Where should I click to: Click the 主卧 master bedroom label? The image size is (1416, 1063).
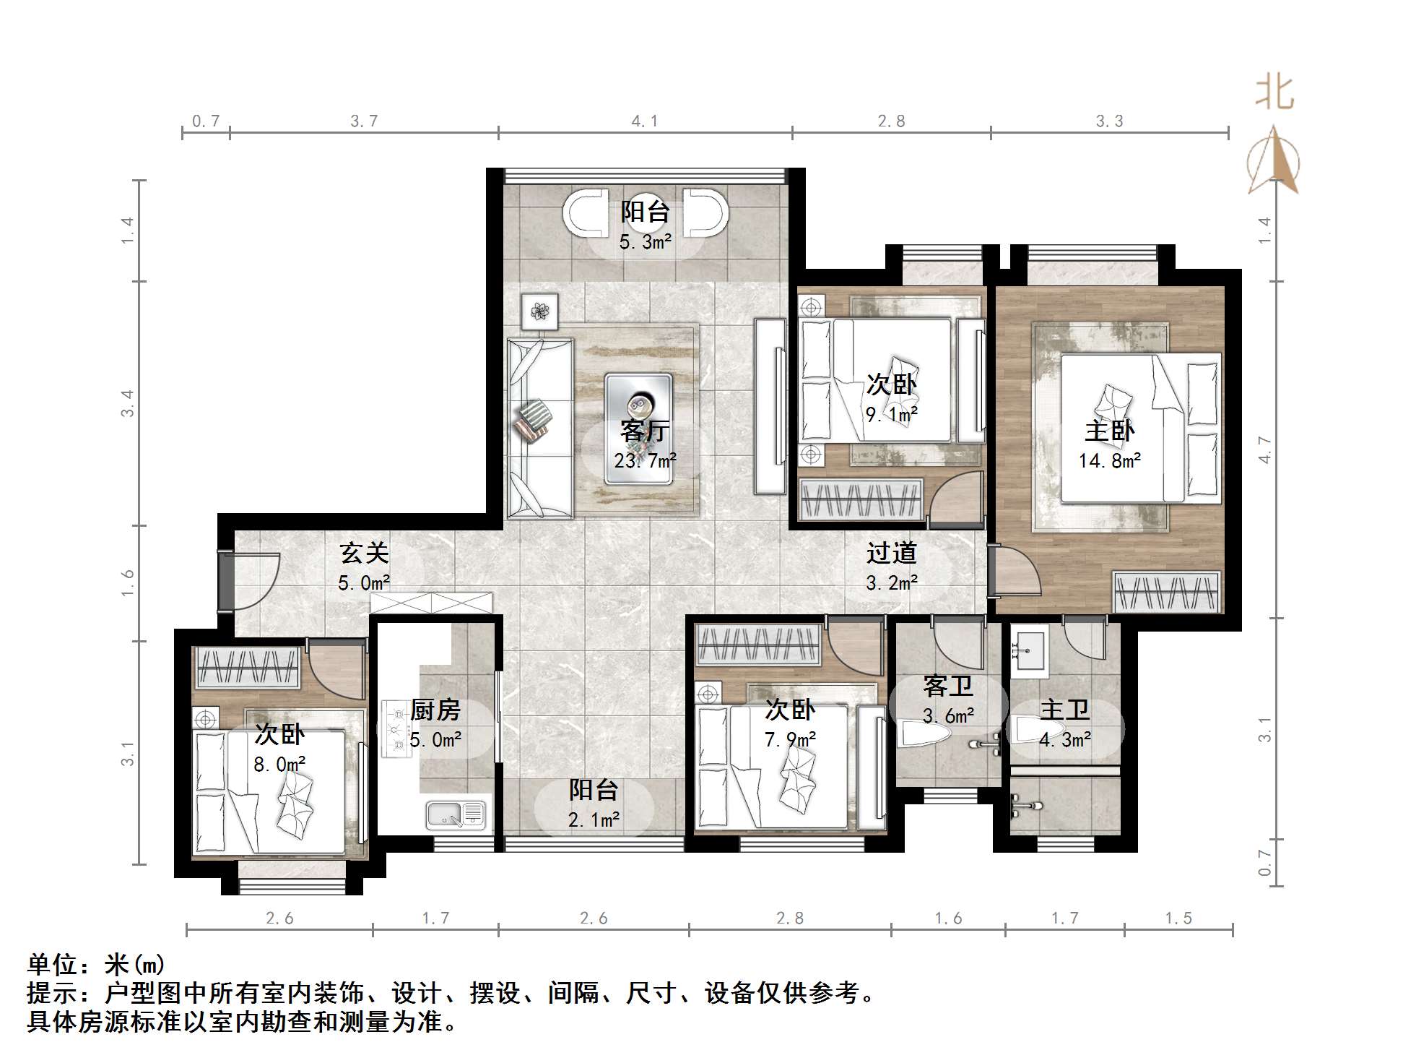(x=1108, y=431)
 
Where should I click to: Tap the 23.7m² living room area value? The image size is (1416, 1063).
(x=645, y=460)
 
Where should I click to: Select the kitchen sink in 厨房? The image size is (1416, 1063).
(x=456, y=814)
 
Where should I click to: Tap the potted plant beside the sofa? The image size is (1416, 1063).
(x=539, y=311)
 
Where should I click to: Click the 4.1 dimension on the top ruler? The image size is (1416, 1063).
(x=644, y=121)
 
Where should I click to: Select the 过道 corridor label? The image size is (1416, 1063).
(x=891, y=553)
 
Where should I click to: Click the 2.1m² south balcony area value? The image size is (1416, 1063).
(x=594, y=819)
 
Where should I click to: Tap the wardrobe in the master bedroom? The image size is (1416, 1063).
(x=1165, y=592)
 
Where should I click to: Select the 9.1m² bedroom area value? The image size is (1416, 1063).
(x=891, y=414)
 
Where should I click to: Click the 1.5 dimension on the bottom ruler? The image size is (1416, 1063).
(x=1178, y=918)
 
